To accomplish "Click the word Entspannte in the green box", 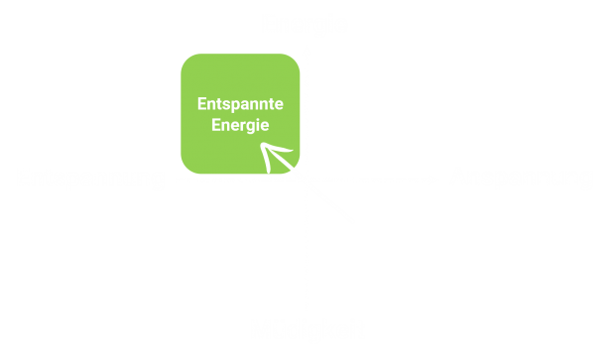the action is point(240,105).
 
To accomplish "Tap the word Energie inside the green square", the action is point(240,126).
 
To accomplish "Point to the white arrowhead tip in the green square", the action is point(262,145).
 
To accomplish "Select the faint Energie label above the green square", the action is point(306,25).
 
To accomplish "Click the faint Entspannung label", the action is point(90,179).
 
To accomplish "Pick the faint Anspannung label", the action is point(521,177).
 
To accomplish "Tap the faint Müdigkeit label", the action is point(307,328).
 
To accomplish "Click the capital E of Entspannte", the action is point(202,104).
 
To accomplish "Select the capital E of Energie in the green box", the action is point(216,125).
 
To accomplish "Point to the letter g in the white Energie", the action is point(252,127).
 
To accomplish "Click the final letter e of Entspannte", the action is point(279,105).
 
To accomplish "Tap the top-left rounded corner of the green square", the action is point(185,59).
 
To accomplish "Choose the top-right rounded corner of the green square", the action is point(295,59).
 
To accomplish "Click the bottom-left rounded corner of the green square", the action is point(185,169).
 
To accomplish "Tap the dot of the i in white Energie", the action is point(260,119).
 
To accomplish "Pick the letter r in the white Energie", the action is point(244,127).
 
